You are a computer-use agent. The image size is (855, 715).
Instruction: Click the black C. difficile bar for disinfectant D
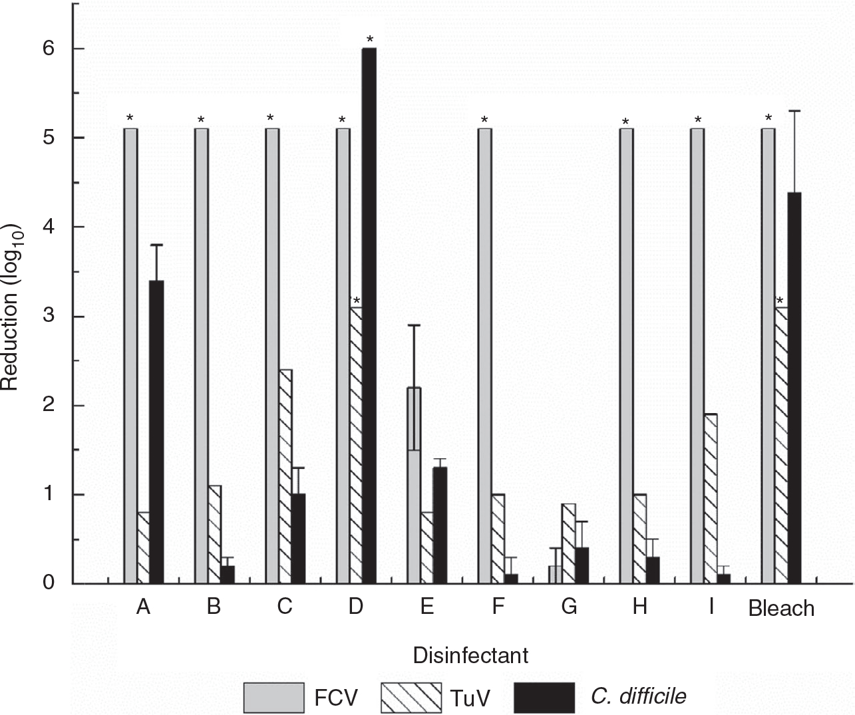(369, 316)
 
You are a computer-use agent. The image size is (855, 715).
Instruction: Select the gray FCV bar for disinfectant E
(413, 486)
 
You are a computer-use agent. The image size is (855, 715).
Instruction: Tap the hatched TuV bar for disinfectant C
(285, 476)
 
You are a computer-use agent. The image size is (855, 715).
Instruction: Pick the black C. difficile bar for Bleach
(793, 388)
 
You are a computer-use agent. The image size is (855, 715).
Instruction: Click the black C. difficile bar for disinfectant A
(156, 432)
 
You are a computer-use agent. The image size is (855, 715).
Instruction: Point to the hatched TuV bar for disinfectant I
(710, 499)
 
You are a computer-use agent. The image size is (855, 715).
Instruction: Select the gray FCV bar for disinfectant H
(626, 356)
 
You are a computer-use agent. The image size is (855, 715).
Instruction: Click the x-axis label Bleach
(781, 608)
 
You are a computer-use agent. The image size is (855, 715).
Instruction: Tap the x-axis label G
(569, 607)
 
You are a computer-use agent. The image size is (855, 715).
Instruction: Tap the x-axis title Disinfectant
(470, 655)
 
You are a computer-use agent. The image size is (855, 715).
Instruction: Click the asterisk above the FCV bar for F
(484, 120)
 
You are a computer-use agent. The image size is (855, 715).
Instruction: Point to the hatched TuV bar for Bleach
(780, 446)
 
